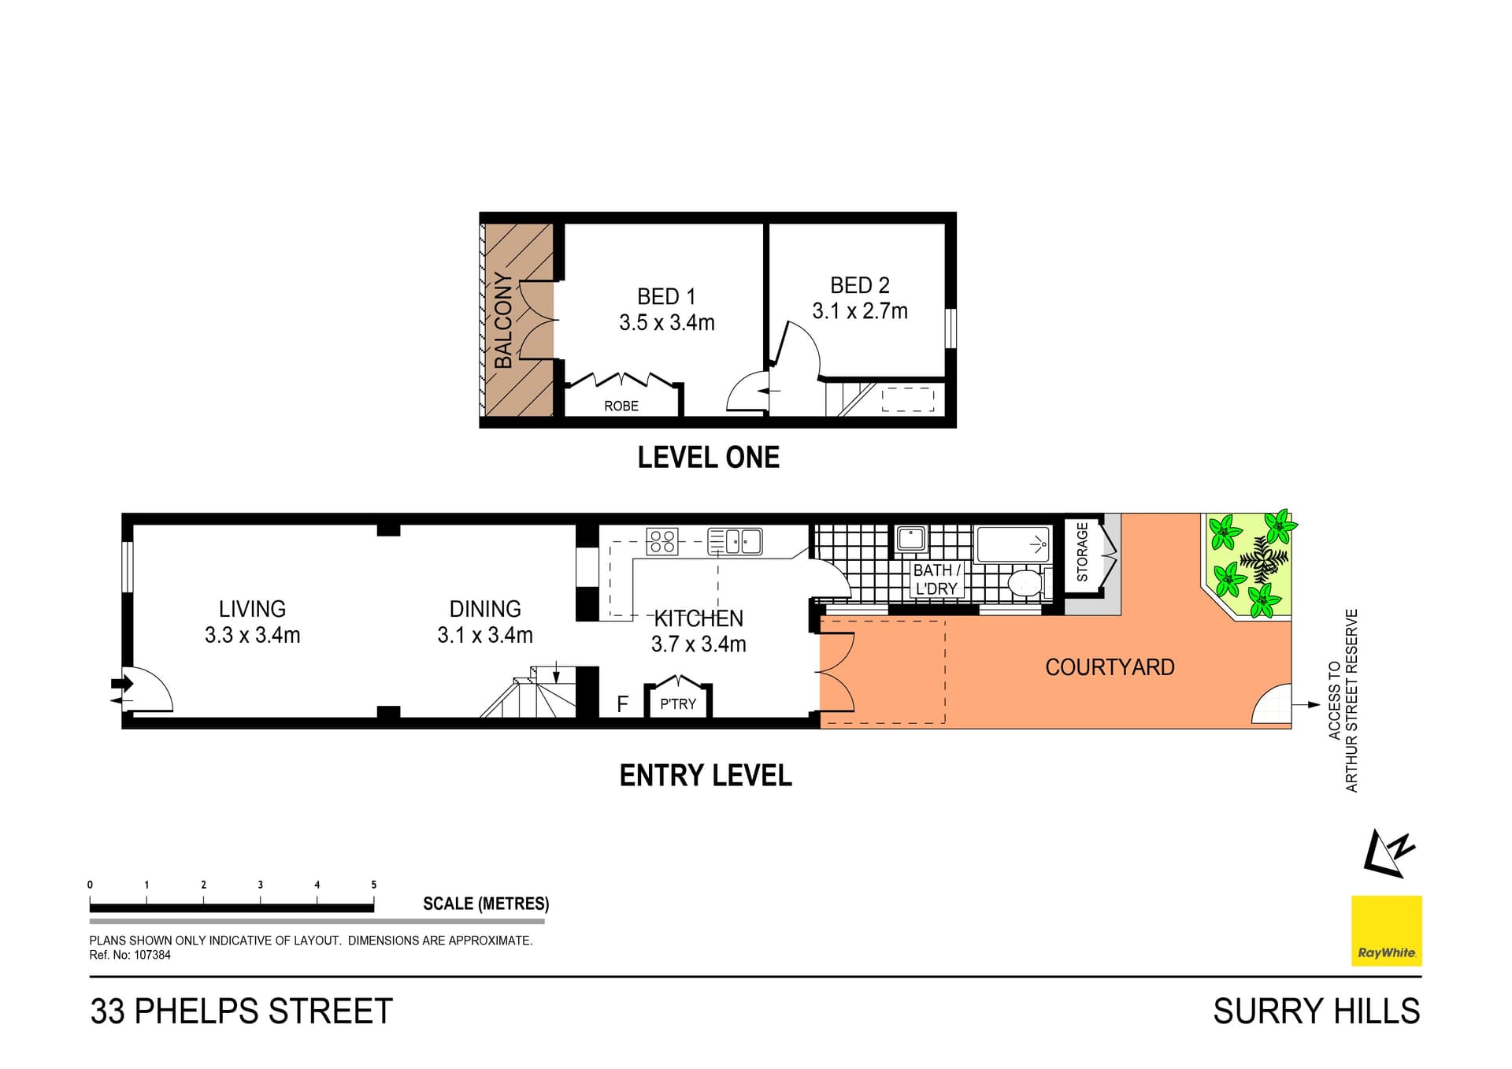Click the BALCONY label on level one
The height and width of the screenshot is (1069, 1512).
(503, 321)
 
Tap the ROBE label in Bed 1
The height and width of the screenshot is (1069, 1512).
(621, 406)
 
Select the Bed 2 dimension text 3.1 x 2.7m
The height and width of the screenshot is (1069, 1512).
(860, 311)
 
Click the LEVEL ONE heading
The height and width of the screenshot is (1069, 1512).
(708, 458)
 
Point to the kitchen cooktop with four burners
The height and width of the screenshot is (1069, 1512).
(662, 541)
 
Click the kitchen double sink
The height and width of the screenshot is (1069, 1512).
(736, 541)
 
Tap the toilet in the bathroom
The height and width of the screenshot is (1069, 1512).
(1025, 584)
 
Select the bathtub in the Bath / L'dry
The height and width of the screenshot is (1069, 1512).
(1013, 544)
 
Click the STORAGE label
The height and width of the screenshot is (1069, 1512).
(1082, 552)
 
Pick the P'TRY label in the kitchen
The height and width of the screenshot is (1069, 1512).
(678, 704)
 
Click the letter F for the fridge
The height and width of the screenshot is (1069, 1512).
(622, 704)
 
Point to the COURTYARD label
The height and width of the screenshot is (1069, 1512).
(1110, 667)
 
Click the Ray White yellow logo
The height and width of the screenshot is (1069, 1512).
(1386, 930)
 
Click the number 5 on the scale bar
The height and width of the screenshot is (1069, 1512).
(374, 885)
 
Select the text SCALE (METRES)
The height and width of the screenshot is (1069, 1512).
(486, 904)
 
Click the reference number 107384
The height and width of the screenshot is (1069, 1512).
(152, 955)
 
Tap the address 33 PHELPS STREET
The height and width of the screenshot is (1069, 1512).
(241, 1011)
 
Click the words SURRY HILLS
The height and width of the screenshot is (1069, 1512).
(1316, 1011)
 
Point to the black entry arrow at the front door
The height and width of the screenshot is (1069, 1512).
(122, 683)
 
